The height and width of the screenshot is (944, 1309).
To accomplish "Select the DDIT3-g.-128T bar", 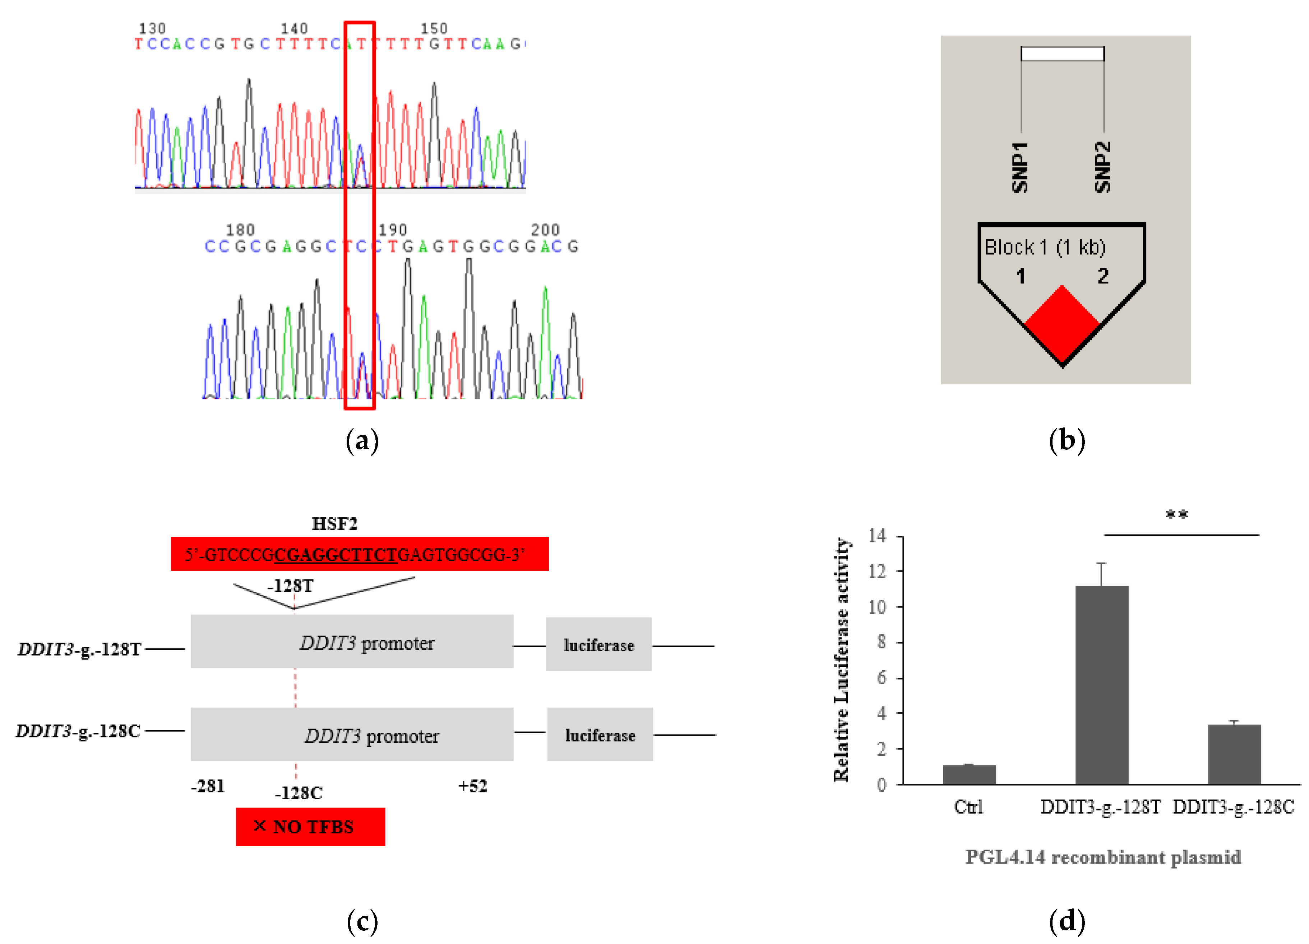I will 1101,685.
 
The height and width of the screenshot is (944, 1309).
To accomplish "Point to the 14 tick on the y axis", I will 877,536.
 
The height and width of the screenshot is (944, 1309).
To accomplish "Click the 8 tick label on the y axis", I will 881,642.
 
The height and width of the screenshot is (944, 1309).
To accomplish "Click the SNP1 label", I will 1020,167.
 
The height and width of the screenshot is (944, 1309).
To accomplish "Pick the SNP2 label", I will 1102,167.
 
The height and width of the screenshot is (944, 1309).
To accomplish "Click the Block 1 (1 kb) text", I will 1045,247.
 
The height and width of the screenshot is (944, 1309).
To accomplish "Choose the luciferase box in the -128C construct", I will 600,735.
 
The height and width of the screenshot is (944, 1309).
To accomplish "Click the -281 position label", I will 208,786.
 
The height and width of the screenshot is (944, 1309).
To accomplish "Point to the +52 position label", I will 473,786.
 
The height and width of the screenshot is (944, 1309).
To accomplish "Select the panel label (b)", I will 1067,441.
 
